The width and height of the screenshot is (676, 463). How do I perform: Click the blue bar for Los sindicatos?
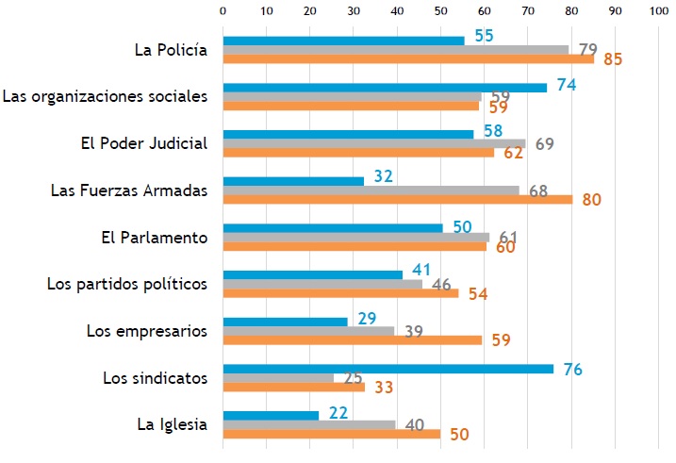pyautogui.click(x=387, y=368)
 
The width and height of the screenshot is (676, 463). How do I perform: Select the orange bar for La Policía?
pyautogui.click(x=408, y=59)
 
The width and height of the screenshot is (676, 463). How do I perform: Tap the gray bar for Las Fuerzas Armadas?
pyautogui.click(x=371, y=190)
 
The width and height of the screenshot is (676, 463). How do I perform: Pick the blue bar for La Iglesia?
pyautogui.click(x=271, y=414)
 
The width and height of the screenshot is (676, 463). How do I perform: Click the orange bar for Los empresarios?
pyautogui.click(x=352, y=339)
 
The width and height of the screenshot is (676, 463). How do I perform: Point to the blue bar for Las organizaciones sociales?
pyautogui.click(x=384, y=88)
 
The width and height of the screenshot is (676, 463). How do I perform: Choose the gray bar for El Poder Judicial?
pyautogui.click(x=373, y=143)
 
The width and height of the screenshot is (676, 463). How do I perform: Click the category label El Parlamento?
pyautogui.click(x=154, y=237)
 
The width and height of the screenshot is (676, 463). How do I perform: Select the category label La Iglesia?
pyautogui.click(x=172, y=423)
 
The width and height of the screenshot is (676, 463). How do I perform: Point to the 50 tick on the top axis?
pyautogui.click(x=440, y=10)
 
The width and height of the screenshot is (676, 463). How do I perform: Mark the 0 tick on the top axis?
pyautogui.click(x=223, y=10)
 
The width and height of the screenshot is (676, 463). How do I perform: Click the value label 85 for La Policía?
pyautogui.click(x=614, y=59)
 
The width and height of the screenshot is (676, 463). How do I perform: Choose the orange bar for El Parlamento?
pyautogui.click(x=354, y=246)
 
